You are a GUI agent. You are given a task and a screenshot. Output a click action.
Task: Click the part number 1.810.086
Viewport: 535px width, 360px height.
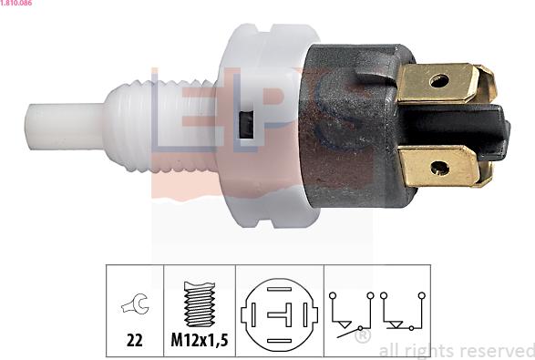[16, 3]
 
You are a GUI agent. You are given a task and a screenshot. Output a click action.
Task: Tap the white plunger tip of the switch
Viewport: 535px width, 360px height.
[65, 127]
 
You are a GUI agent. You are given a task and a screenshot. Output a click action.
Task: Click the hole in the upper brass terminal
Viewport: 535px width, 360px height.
[438, 81]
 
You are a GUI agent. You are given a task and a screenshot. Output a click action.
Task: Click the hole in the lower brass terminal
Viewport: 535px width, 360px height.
[439, 169]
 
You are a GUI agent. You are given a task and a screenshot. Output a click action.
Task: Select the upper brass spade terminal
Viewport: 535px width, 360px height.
[446, 83]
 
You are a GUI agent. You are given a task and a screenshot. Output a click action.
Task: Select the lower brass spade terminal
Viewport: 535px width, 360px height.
[445, 167]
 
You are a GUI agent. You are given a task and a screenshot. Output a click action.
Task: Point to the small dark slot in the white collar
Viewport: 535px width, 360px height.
[246, 125]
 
